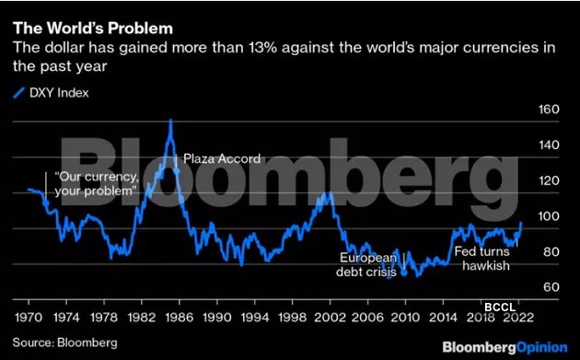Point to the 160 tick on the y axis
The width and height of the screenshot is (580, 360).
(549, 110)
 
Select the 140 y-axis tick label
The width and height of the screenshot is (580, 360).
(549, 145)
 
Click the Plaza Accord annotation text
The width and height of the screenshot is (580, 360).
(222, 159)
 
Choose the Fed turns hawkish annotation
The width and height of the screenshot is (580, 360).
(482, 257)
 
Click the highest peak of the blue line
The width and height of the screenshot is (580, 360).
(170, 121)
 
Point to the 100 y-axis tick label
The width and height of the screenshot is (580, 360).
(549, 216)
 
